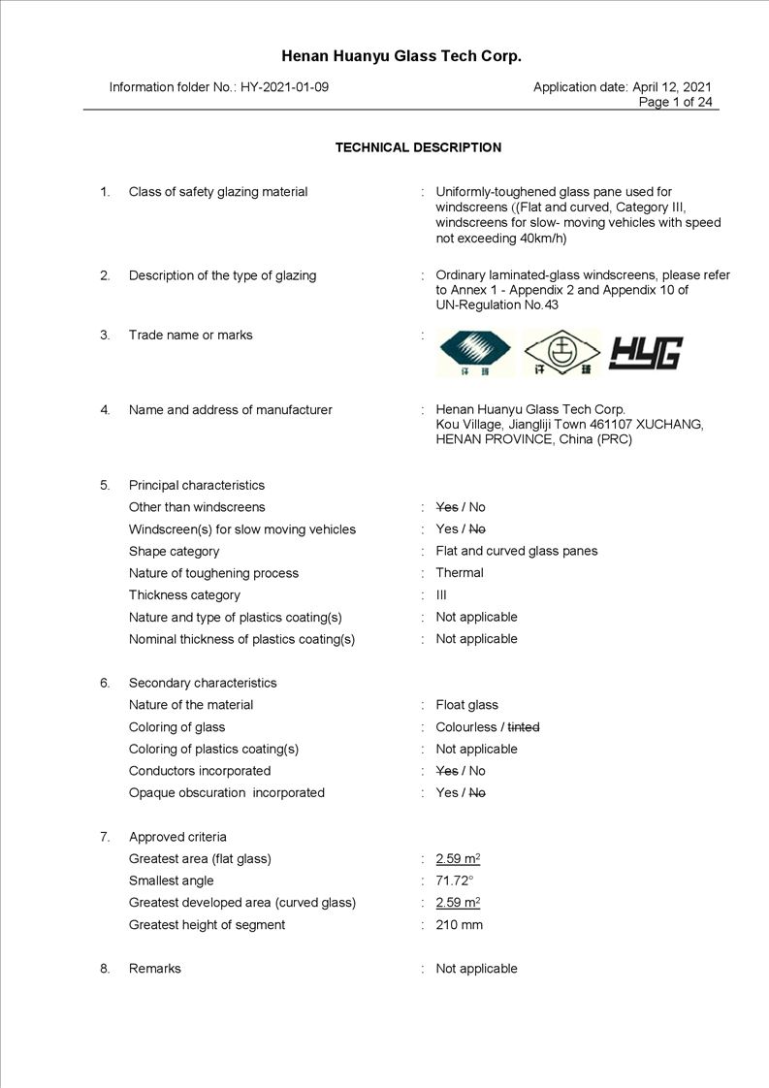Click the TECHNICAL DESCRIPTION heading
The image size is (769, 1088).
click(418, 148)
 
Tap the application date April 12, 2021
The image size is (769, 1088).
click(671, 87)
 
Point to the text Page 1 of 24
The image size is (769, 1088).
click(676, 102)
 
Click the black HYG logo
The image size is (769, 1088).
click(646, 354)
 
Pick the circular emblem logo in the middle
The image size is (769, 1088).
click(561, 353)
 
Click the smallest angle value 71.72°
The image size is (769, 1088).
click(454, 880)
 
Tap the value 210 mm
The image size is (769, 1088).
click(459, 925)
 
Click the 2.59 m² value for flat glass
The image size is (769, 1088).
click(458, 859)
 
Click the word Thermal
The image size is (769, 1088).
click(460, 573)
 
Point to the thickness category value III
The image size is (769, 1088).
click(441, 595)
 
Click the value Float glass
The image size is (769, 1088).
click(466, 705)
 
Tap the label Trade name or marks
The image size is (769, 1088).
click(190, 336)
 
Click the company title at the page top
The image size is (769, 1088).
click(401, 56)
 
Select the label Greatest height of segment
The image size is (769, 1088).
click(207, 925)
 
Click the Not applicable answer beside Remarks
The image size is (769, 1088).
click(476, 969)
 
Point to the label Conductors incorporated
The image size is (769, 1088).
click(200, 771)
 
